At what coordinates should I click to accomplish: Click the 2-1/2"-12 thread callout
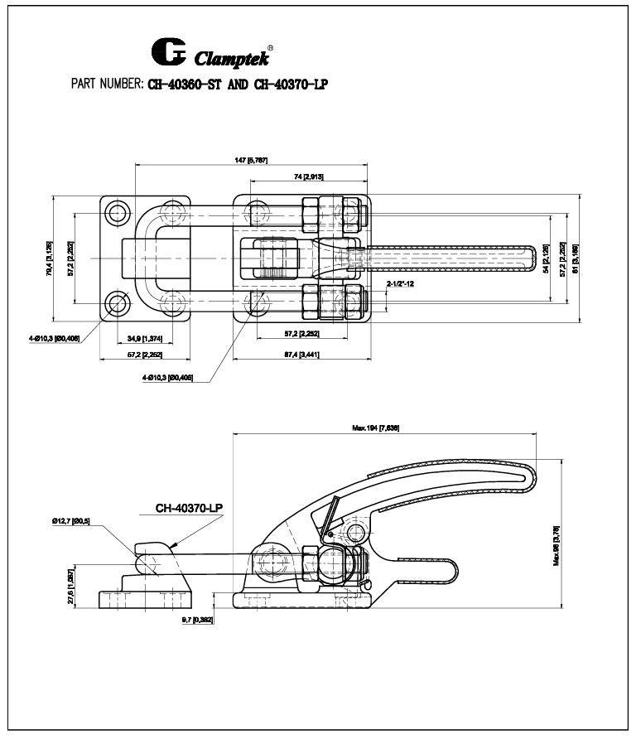pos(402,283)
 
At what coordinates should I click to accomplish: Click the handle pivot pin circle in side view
pos(357,531)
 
